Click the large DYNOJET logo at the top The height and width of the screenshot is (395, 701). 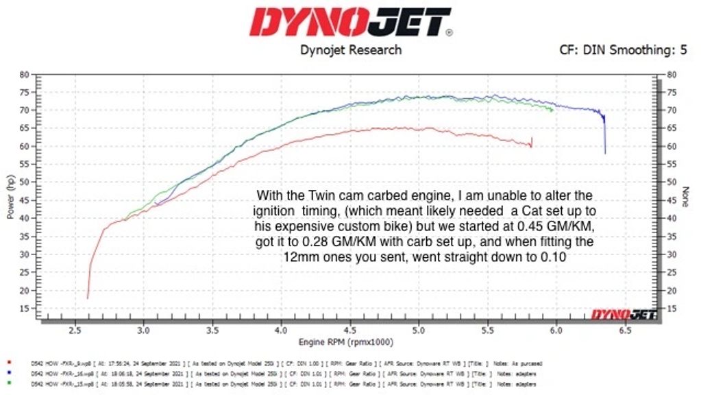click(350, 22)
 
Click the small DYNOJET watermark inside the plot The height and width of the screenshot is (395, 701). click(624, 315)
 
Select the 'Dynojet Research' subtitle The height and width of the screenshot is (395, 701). click(351, 50)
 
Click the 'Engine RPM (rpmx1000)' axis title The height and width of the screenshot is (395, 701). click(347, 342)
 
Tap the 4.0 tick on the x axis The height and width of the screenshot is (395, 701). click(281, 330)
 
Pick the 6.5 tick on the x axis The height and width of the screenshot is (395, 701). click(626, 330)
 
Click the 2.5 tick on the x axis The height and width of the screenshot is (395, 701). click(74, 330)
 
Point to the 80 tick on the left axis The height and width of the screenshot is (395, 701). click(24, 74)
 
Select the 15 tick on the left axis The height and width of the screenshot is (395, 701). click(24, 309)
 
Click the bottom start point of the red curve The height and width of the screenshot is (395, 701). click(87, 298)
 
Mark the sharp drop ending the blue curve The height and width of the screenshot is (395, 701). click(604, 137)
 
